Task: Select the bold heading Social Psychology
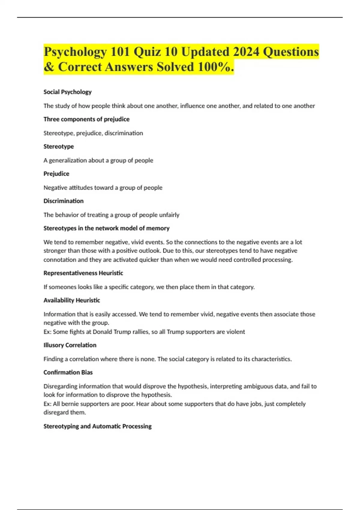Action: pyautogui.click(x=67, y=92)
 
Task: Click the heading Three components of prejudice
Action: pyautogui.click(x=86, y=119)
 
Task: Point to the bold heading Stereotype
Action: pyautogui.click(x=58, y=147)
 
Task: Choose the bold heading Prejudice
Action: pyautogui.click(x=56, y=174)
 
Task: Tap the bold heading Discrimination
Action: pyautogui.click(x=64, y=201)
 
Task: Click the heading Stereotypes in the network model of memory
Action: pyautogui.click(x=106, y=228)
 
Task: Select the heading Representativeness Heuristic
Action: pyautogui.click(x=83, y=273)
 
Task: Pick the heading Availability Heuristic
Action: pyautogui.click(x=72, y=300)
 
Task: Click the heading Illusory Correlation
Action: pyautogui.click(x=70, y=345)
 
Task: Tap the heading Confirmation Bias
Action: pyautogui.click(x=68, y=373)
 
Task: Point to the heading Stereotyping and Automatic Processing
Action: pyautogui.click(x=97, y=426)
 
